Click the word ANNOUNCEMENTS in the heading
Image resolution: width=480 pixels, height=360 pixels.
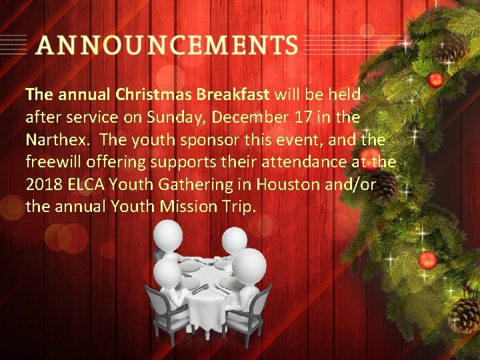[x=167, y=45]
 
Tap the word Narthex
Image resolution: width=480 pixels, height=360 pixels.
[x=53, y=140]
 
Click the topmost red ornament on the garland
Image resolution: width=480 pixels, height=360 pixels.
[x=435, y=81]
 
